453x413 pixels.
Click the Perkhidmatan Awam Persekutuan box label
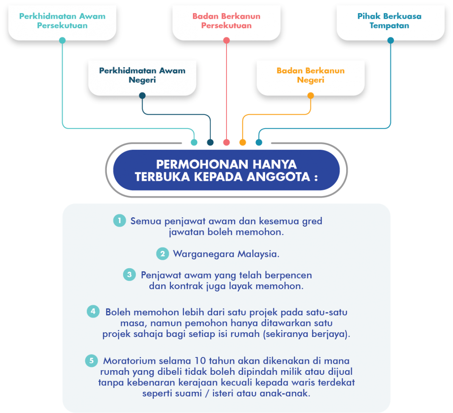[62, 21]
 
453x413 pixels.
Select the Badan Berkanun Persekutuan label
[226, 21]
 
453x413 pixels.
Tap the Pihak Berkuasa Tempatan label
[389, 21]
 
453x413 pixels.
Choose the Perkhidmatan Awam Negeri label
[142, 75]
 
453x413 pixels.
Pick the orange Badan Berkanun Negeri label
[310, 75]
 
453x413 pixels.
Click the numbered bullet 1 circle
[120, 221]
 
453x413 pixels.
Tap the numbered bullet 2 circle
[162, 254]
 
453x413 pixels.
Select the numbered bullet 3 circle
[130, 275]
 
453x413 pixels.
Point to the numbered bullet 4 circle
[93, 312]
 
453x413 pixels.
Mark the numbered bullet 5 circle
[91, 361]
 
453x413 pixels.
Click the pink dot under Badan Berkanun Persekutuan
[226, 41]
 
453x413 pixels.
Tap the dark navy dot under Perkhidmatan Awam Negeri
[143, 96]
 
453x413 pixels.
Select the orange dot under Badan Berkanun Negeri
[310, 96]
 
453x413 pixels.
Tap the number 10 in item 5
[199, 361]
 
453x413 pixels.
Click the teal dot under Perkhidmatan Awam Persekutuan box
[62, 41]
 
